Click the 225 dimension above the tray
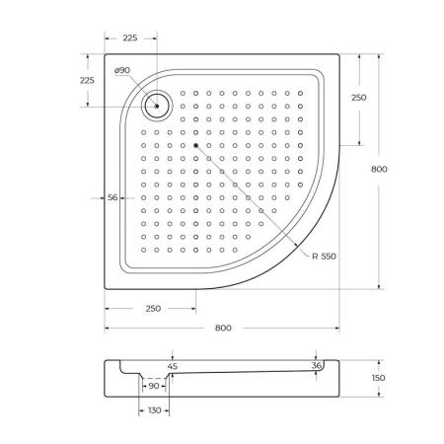pyautogui.click(x=128, y=39)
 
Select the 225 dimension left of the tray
pyautogui.click(x=87, y=80)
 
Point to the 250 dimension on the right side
pyautogui.click(x=358, y=98)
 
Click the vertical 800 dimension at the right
pyautogui.click(x=379, y=169)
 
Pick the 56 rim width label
pyautogui.click(x=112, y=198)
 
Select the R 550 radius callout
pyautogui.click(x=325, y=257)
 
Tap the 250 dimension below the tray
pyautogui.click(x=152, y=309)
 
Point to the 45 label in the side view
pyautogui.click(x=173, y=366)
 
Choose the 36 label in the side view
pyautogui.click(x=317, y=366)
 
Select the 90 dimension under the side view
pyautogui.click(x=154, y=386)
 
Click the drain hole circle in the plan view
pyautogui.click(x=156, y=104)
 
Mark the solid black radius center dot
pyautogui.click(x=196, y=145)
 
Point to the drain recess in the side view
pyautogui.click(x=153, y=375)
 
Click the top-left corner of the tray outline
pyautogui.click(x=106, y=55)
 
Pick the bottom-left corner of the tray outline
pyautogui.click(x=106, y=289)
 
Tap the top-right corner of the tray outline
pyautogui.click(x=341, y=55)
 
